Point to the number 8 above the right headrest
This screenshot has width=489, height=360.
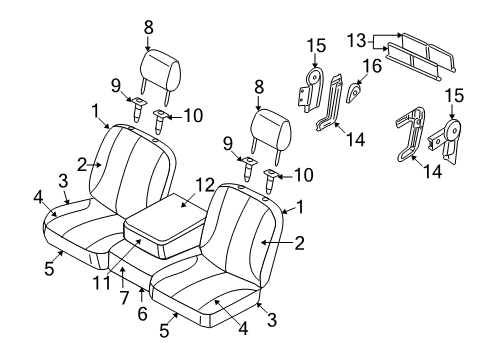pos(259,86)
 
